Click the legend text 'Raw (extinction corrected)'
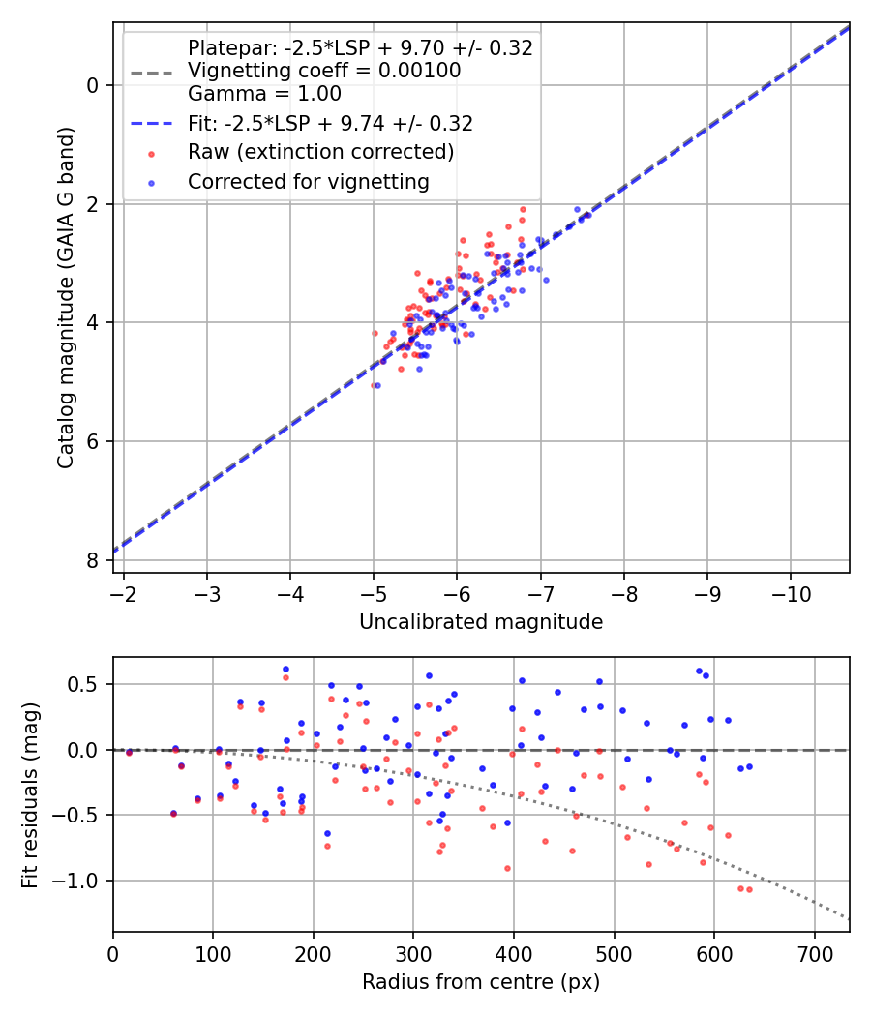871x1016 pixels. (x=320, y=152)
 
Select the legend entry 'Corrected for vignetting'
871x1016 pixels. (x=308, y=181)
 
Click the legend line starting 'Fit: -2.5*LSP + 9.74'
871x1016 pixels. (x=330, y=124)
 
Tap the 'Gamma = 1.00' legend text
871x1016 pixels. (x=264, y=94)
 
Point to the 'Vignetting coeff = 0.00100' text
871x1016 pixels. (x=324, y=71)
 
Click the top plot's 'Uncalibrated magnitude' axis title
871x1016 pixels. (x=481, y=622)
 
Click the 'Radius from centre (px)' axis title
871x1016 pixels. (x=481, y=982)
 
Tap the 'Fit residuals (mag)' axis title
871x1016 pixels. (x=31, y=795)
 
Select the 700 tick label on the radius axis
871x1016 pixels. (x=814, y=952)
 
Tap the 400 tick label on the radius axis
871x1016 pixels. (x=514, y=952)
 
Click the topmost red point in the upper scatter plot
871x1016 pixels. (x=523, y=209)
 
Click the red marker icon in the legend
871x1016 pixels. (x=150, y=153)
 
